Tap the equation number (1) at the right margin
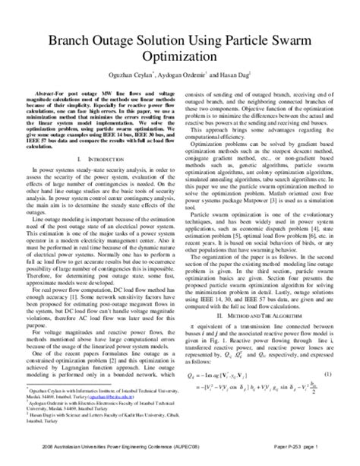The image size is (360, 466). [327, 376]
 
